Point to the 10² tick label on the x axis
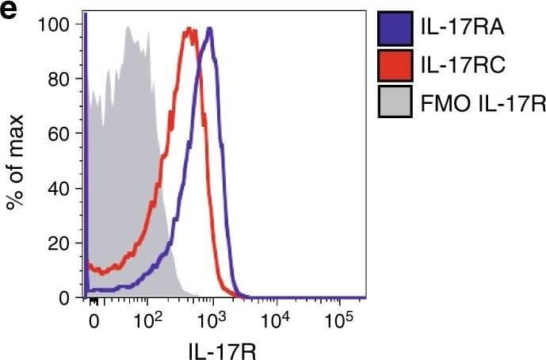(147, 320)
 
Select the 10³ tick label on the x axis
(211, 320)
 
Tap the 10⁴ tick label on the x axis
(275, 320)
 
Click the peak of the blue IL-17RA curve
(210, 29)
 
